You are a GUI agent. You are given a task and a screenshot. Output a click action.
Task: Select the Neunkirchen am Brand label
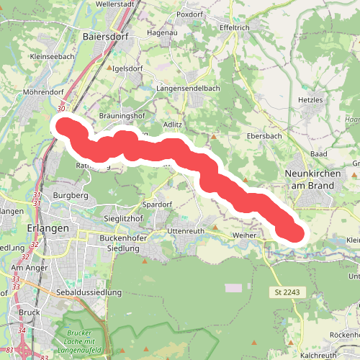311,179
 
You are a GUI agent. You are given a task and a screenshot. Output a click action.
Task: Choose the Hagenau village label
162,32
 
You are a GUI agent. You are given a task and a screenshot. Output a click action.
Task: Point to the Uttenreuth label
186,230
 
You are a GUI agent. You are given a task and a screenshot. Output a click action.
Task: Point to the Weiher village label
244,235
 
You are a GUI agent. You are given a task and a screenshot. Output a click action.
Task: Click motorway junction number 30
61,109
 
